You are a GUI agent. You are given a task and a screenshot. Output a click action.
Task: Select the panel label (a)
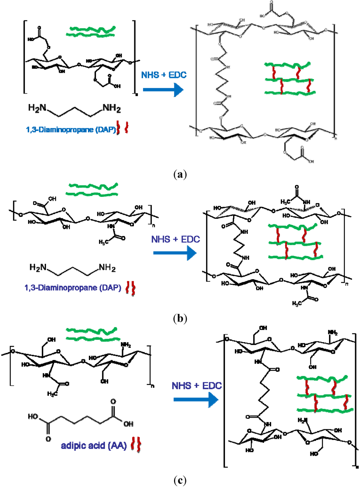click(180, 174)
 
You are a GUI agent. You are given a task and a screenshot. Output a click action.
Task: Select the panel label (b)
click(180, 318)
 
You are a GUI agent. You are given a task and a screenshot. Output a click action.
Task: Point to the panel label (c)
click(180, 480)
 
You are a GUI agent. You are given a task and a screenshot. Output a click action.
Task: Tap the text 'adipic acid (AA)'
click(94, 446)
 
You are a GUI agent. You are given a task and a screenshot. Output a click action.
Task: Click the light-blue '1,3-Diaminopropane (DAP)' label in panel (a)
click(71, 130)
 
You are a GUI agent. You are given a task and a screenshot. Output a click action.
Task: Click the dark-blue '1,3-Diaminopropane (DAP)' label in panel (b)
click(73, 288)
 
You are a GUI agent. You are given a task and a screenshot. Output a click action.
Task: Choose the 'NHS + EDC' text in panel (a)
click(164, 75)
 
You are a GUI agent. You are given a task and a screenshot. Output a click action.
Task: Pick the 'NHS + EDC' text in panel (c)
click(197, 386)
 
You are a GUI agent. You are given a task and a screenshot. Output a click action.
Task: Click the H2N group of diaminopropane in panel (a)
click(37, 108)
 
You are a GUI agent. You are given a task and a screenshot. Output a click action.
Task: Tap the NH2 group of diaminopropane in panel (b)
click(107, 268)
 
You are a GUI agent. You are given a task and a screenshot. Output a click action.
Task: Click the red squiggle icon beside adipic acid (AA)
click(136, 445)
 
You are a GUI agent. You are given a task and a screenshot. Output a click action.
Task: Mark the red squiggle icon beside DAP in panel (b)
click(131, 288)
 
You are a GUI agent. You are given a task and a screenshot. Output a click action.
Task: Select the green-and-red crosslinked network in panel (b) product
click(295, 242)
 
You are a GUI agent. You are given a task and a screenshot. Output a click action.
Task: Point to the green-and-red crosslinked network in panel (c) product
click(324, 393)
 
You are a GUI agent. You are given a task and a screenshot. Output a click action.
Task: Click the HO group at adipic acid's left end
click(33, 417)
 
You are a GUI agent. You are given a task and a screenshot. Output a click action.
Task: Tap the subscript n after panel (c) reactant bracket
click(153, 386)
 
